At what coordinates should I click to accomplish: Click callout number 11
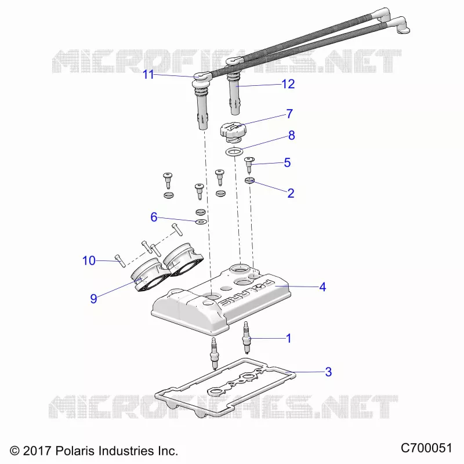point(148,75)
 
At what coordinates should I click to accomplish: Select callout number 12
point(288,84)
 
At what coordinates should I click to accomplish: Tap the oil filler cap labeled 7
point(233,132)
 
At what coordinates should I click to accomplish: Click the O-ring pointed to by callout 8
point(234,152)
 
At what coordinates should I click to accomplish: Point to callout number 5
point(287,162)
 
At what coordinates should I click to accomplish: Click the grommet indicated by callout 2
point(250,180)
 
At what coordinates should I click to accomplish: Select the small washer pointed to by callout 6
point(201,222)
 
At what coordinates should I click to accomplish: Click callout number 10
point(89,260)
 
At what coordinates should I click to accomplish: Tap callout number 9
point(93,299)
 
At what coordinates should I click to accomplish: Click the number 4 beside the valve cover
point(322,287)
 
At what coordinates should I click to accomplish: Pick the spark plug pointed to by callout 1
point(246,338)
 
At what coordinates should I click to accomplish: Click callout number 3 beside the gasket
point(328,372)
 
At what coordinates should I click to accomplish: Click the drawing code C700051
point(426,448)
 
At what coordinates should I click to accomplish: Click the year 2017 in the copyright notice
point(37,451)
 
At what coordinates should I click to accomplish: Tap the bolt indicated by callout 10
point(121,260)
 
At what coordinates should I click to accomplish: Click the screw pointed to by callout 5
point(249,165)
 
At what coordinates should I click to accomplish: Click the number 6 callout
point(154,217)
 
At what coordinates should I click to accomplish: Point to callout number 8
point(292,135)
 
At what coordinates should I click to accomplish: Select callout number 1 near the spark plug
point(289,338)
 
